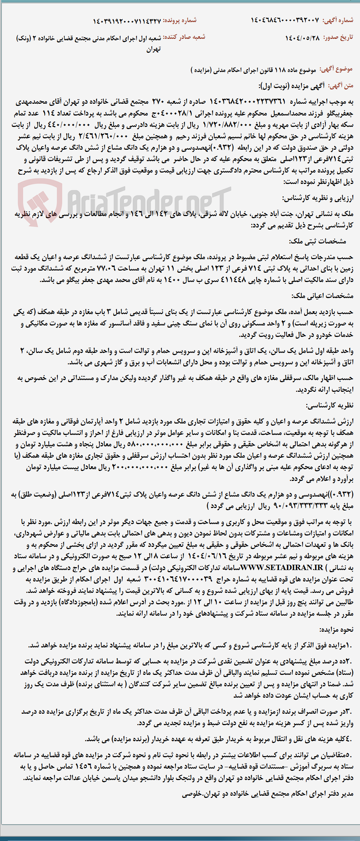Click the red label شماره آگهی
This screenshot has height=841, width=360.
[x=338, y=20]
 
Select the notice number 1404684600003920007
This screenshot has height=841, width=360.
[x=285, y=20]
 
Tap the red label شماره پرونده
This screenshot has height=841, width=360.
[x=180, y=20]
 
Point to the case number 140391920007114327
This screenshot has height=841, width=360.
[x=127, y=21]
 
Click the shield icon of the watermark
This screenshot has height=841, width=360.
[x=40, y=201]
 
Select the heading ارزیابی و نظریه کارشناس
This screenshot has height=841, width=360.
[x=318, y=198]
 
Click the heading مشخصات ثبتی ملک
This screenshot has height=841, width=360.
[x=318, y=241]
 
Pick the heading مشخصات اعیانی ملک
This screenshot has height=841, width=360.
[x=323, y=296]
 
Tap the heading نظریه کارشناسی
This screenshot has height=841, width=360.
[x=330, y=405]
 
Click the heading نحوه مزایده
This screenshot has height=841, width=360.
[x=336, y=630]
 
